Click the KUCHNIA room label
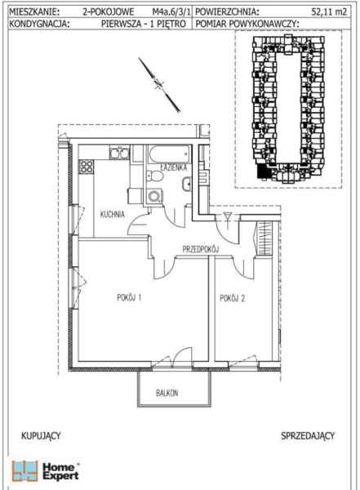[x=112, y=214]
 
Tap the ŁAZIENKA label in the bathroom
[x=173, y=167]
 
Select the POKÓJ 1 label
[x=129, y=297]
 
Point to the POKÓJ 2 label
[x=232, y=298]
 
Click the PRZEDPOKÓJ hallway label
[x=200, y=249]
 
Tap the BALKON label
[x=167, y=393]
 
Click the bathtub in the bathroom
[x=169, y=154]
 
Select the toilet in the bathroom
[x=154, y=176]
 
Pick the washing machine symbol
[x=154, y=196]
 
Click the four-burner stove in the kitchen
[x=87, y=167]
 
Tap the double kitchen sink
[x=119, y=153]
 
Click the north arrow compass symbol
[x=159, y=85]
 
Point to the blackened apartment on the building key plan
[x=263, y=171]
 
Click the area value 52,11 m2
[x=329, y=12]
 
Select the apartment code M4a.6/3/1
[x=171, y=12]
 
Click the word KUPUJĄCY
[x=41, y=436]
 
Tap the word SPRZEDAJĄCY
[x=308, y=436]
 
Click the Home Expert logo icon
[x=24, y=471]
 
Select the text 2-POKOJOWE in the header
[x=108, y=12]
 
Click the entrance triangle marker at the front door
[x=227, y=216]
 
